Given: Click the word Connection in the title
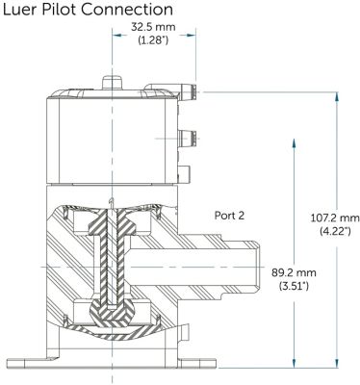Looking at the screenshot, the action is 127,9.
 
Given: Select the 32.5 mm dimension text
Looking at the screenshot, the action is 153,27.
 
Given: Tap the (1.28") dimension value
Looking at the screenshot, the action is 153,40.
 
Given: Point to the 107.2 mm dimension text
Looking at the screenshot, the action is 335,218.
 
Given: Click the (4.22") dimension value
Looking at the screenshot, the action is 335,231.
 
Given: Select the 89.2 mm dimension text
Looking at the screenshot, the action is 294,273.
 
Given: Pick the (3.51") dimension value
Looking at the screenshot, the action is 294,286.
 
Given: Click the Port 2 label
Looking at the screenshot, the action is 229,216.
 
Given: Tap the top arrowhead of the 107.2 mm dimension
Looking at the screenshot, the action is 336,97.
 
